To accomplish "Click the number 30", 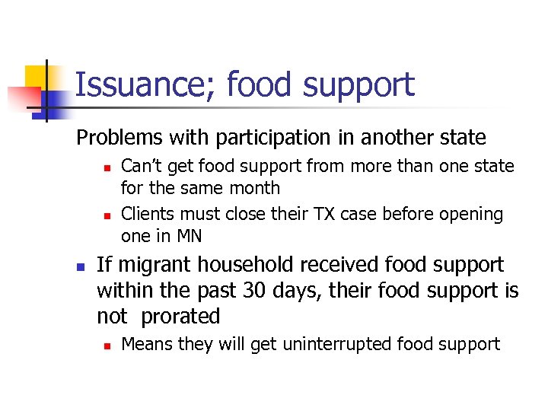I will pyautogui.click(x=251, y=291).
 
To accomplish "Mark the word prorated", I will pyautogui.click(x=180, y=317).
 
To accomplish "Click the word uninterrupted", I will pyautogui.click(x=339, y=344).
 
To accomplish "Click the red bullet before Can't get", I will pyautogui.click(x=108, y=167).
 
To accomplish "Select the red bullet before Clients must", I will pyautogui.click(x=108, y=215).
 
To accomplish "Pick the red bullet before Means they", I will pyautogui.click(x=108, y=346).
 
